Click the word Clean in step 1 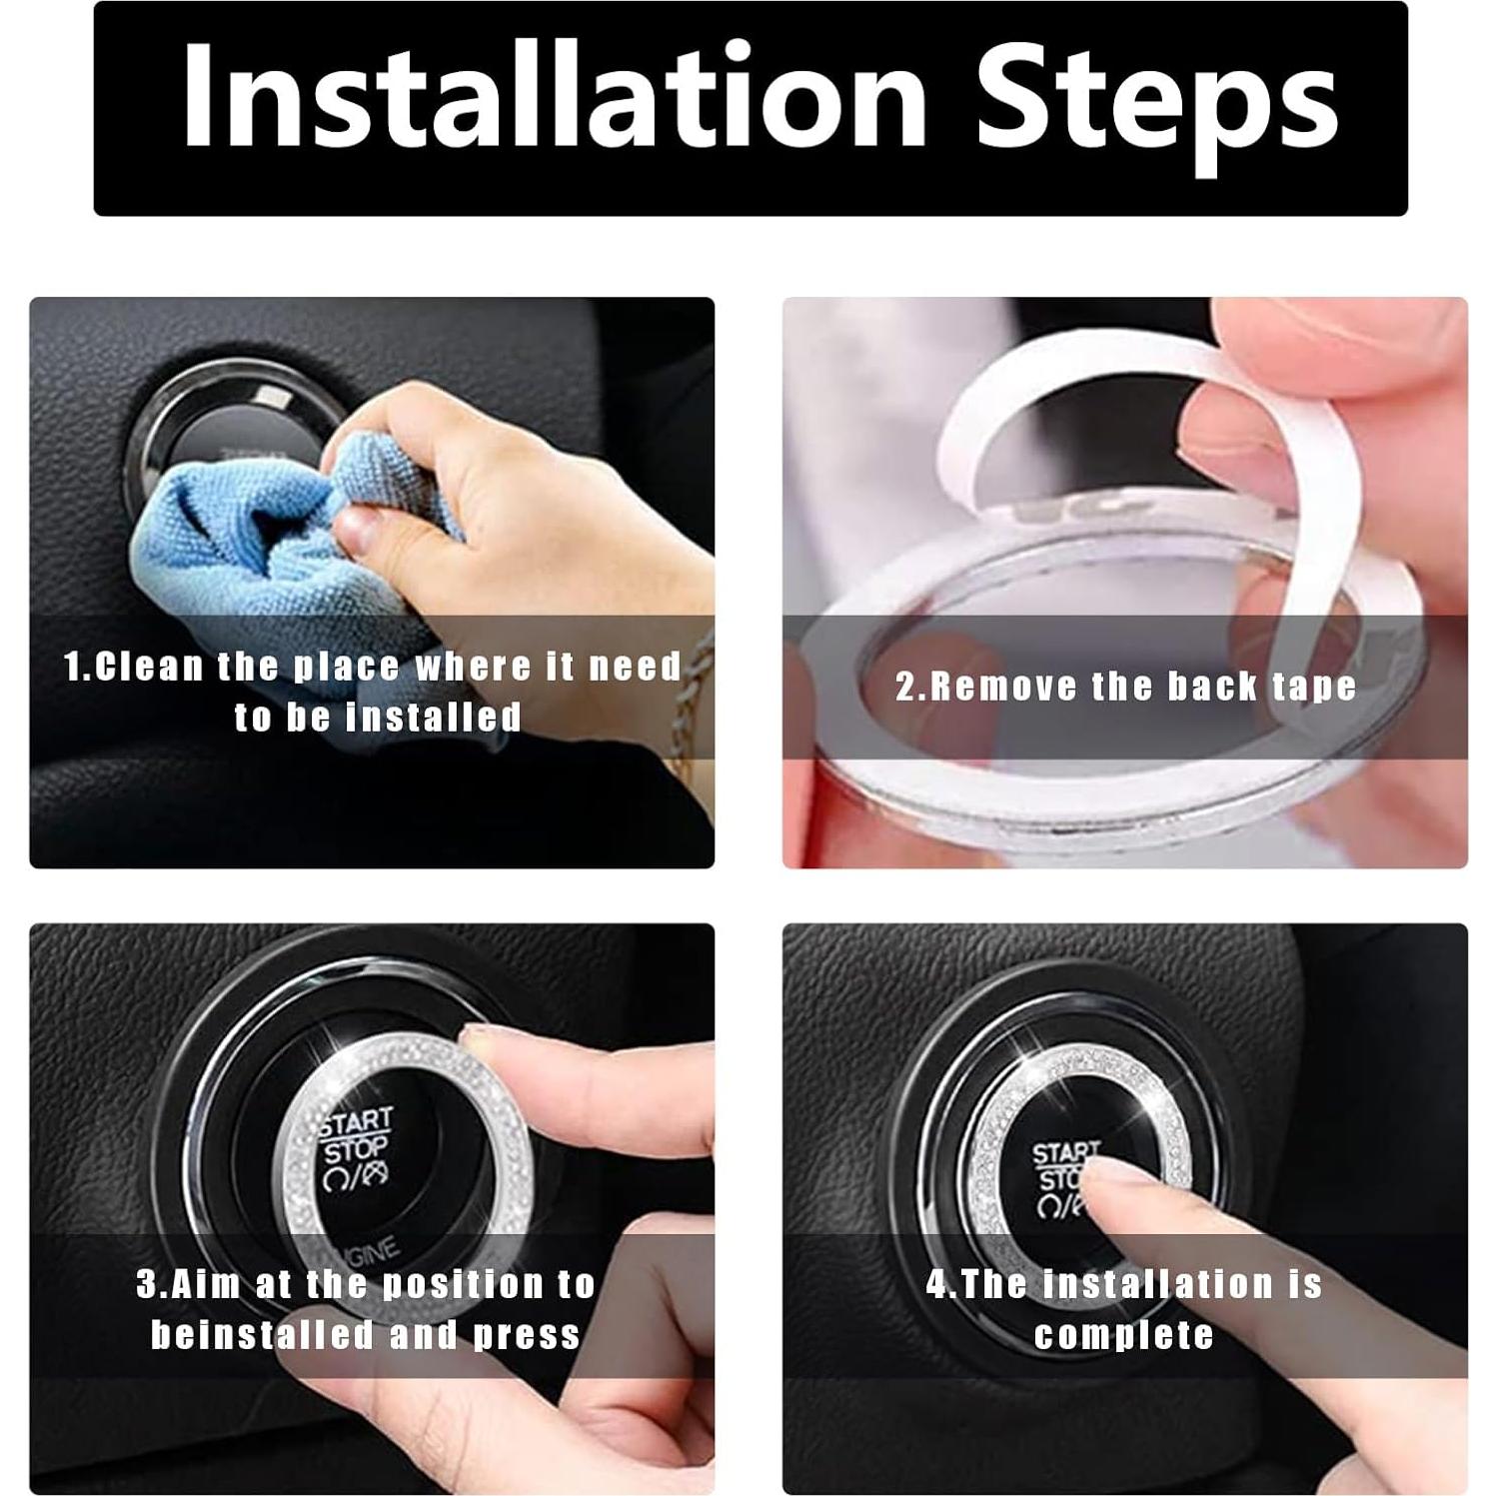coord(149,667)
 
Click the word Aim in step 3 coord(207,1284)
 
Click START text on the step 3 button coord(357,1122)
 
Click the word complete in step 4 coord(1124,1335)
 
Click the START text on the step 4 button coord(1066,1154)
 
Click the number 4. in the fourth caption coord(941,1284)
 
